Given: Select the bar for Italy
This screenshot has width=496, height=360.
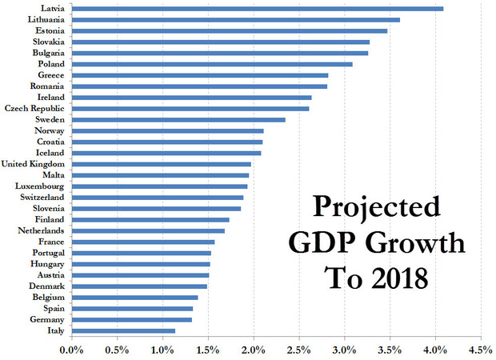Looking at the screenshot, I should point(123,330).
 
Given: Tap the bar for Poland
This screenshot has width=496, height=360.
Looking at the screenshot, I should point(212,63).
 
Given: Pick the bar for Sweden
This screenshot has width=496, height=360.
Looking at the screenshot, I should point(178,119).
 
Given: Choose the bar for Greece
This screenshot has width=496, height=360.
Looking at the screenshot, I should point(200,74).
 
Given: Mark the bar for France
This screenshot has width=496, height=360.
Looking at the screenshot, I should point(143,241).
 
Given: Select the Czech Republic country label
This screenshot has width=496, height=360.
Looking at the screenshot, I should point(35,108).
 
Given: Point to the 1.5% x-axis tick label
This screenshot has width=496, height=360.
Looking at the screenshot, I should point(208,350).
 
